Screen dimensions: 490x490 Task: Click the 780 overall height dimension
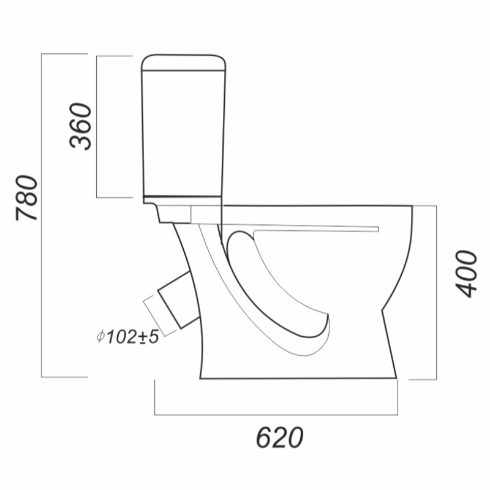[x=27, y=198]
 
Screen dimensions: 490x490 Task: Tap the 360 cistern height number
[x=80, y=126]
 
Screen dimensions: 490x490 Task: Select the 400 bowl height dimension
[x=467, y=274]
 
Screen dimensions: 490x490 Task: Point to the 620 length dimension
[x=279, y=437]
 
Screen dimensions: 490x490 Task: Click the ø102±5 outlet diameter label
[x=127, y=336]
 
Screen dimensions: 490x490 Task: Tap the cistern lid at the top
[x=184, y=62]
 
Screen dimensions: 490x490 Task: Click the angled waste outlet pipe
[x=179, y=300]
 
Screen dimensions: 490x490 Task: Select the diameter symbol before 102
[x=100, y=336]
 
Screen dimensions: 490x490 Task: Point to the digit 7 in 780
[x=27, y=214]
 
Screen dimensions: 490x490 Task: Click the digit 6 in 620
[x=263, y=437]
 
